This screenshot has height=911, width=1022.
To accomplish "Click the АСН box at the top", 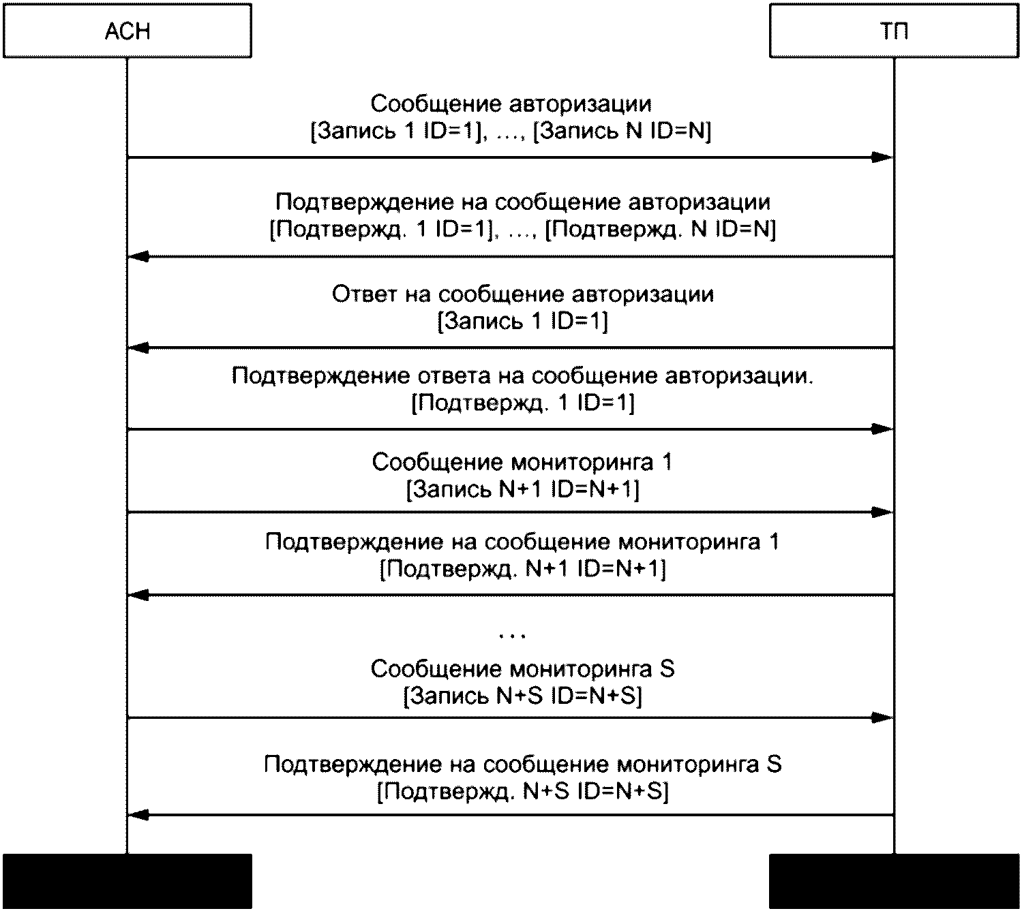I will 127,31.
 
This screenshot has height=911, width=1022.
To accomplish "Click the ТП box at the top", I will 895,31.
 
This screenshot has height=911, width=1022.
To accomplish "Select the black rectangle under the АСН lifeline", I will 127,881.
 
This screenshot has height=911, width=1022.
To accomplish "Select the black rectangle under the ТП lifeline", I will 895,881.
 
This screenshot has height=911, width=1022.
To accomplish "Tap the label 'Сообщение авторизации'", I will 511,104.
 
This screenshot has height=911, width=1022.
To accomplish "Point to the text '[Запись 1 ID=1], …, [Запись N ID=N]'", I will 511,131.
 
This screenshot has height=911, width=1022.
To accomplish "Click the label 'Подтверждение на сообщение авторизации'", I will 523,202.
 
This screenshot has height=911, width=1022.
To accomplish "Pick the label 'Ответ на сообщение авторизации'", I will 523,294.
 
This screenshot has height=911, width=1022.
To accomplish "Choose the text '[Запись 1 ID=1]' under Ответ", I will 522,321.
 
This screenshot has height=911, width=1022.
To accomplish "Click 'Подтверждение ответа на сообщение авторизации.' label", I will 522,376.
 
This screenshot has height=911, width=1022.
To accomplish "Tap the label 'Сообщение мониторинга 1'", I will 522,463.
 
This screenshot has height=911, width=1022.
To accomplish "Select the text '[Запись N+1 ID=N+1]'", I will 522,490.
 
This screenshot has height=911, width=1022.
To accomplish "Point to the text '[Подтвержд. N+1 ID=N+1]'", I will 522,569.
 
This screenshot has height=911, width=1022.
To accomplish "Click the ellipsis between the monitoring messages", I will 512,636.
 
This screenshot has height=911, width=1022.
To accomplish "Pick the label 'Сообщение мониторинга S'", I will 522,669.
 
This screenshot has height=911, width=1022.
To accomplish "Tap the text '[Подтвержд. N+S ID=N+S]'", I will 522,792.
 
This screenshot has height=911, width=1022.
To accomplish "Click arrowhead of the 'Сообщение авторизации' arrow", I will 883,157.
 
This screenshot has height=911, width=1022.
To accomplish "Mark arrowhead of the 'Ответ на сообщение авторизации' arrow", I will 138,348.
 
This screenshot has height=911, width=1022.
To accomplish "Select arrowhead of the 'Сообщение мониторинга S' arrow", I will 883,717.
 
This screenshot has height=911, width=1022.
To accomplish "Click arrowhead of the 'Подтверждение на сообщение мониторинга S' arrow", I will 138,815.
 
